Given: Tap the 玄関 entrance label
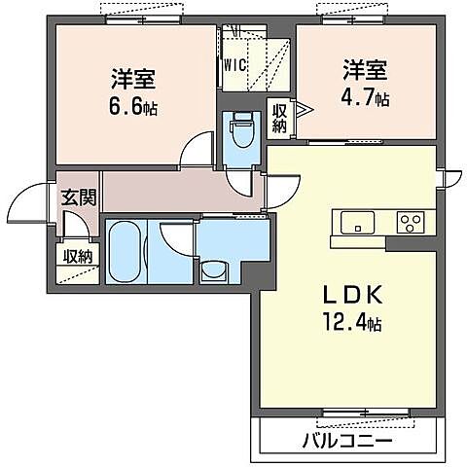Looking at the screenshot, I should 78,197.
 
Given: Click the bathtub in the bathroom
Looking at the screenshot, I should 124,251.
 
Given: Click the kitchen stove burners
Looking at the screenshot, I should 411,221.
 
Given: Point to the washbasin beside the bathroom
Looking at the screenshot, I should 213,269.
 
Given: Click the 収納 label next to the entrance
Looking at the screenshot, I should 78,256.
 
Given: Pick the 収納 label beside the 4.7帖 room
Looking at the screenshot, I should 279,119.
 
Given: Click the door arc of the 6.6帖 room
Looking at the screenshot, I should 199,148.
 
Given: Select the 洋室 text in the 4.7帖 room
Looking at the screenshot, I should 365,70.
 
